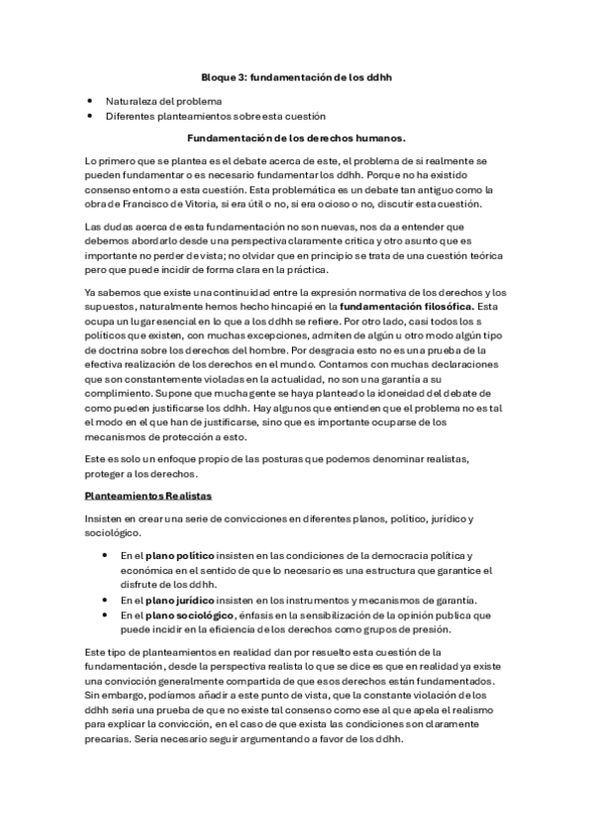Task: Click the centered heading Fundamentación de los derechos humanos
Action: tap(296, 138)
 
